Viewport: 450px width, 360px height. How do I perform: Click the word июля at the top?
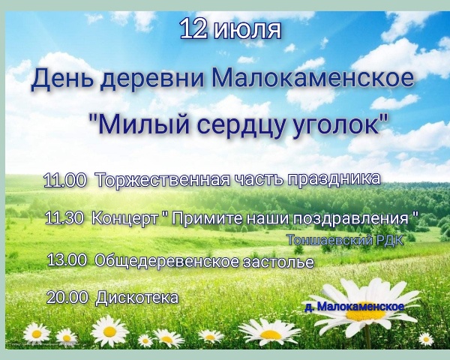247,29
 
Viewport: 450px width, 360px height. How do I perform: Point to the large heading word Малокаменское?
313,77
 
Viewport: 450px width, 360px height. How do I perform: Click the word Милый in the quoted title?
142,124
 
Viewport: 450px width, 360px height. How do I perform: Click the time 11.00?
64,180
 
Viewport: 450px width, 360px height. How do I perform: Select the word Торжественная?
163,180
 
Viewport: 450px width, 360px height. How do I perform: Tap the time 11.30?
64,218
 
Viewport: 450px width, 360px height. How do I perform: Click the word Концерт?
125,219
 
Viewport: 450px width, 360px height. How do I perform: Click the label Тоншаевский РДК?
346,241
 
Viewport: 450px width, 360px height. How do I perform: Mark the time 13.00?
67,260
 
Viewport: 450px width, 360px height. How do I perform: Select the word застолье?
278,262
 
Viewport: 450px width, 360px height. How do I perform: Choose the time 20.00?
67,298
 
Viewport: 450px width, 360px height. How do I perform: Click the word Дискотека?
137,298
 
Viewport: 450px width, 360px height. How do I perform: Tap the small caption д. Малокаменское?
355,306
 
